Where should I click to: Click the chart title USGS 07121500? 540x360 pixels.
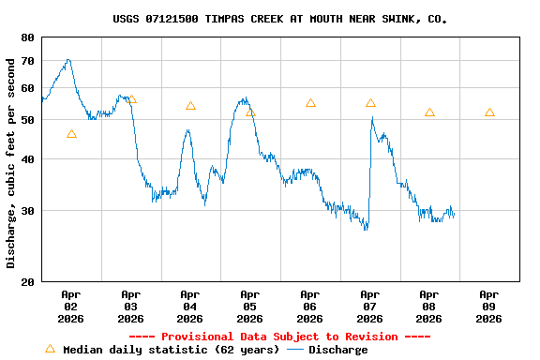pyautogui.click(x=279, y=19)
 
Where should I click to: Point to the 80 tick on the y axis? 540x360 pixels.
pyautogui.click(x=25, y=37)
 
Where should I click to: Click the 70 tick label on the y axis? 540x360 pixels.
pyautogui.click(x=25, y=61)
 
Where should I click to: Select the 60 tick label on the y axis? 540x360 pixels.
pyautogui.click(x=25, y=88)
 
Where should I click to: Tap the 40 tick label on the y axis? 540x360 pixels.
pyautogui.click(x=25, y=159)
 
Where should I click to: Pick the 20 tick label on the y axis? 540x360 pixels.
pyautogui.click(x=25, y=281)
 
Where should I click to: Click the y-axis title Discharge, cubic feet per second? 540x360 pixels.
pyautogui.click(x=10, y=162)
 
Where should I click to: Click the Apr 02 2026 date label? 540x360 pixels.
pyautogui.click(x=70, y=307)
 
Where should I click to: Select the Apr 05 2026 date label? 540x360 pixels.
pyautogui.click(x=249, y=307)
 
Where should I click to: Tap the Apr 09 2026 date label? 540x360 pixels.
pyautogui.click(x=488, y=307)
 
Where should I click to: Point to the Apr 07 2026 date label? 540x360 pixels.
pyautogui.click(x=369, y=307)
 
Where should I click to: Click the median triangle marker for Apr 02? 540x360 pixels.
pyautogui.click(x=71, y=134)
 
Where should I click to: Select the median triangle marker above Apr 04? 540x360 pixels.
pyautogui.click(x=190, y=106)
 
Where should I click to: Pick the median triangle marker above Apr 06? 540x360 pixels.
pyautogui.click(x=310, y=103)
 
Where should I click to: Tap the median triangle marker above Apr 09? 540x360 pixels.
pyautogui.click(x=489, y=112)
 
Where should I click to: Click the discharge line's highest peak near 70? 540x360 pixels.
pyautogui.click(x=67, y=60)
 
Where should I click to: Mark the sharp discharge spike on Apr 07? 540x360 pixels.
pyautogui.click(x=372, y=118)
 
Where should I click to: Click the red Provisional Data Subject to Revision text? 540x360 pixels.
pyautogui.click(x=279, y=337)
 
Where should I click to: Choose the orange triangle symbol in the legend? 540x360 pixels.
pyautogui.click(x=51, y=349)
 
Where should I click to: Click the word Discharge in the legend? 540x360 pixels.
pyautogui.click(x=337, y=350)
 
